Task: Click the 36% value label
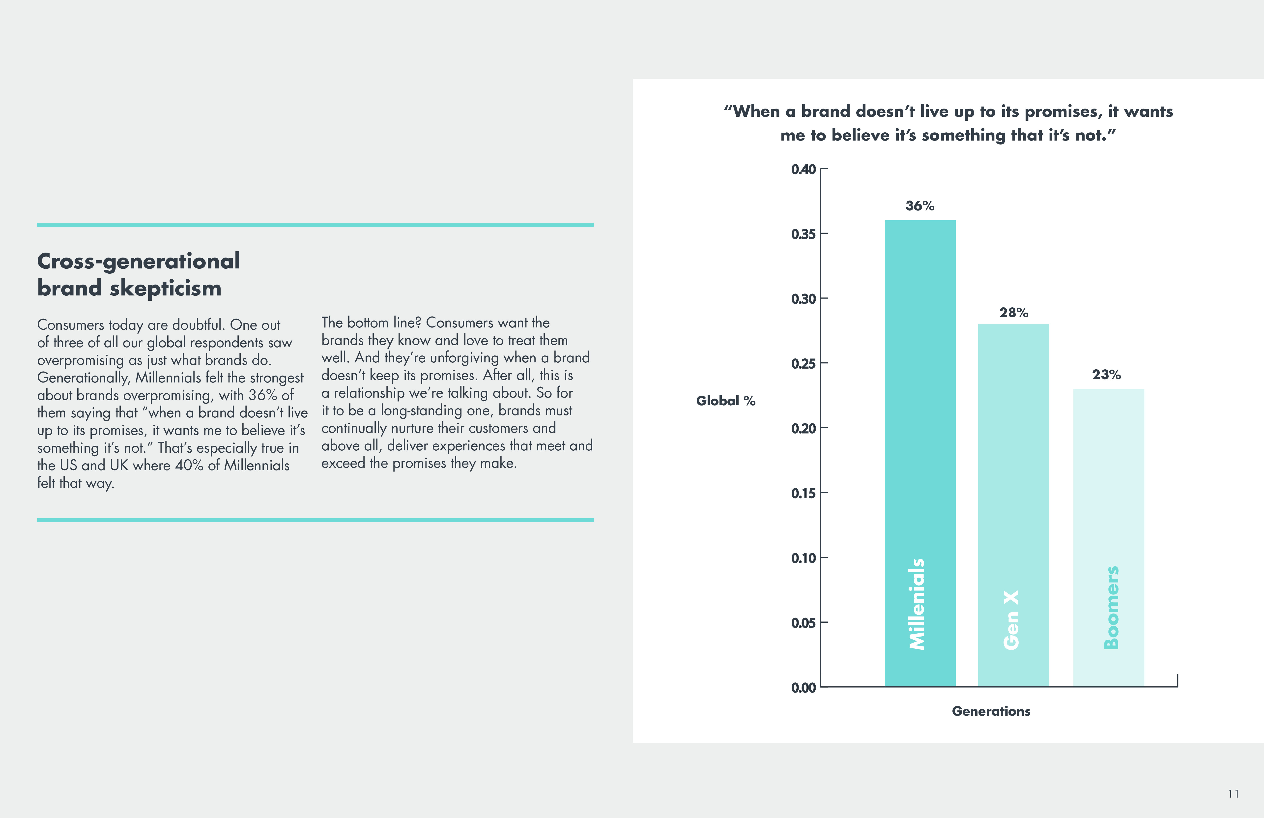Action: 920,205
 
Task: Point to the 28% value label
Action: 1013,312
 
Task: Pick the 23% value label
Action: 1106,375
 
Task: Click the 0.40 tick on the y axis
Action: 803,170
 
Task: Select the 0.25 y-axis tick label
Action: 803,364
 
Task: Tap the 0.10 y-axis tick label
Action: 803,558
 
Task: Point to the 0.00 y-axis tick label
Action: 803,688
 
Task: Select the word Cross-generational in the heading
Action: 139,261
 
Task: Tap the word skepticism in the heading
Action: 166,289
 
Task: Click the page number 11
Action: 1233,793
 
